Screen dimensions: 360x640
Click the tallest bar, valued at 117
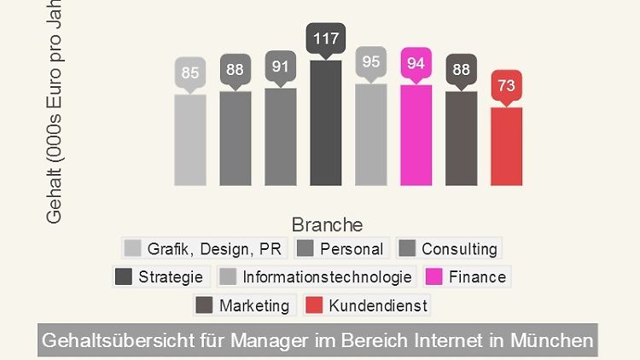point(325,123)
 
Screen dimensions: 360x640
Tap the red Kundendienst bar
point(506,146)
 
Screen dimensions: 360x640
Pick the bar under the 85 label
point(190,140)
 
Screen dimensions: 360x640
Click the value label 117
point(325,38)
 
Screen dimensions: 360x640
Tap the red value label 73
point(506,85)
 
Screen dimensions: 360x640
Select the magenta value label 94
point(416,63)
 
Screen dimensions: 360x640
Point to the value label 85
point(190,73)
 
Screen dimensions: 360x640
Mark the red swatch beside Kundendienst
point(314,305)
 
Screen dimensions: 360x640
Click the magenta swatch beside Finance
point(433,276)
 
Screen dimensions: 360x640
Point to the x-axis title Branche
point(327,224)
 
